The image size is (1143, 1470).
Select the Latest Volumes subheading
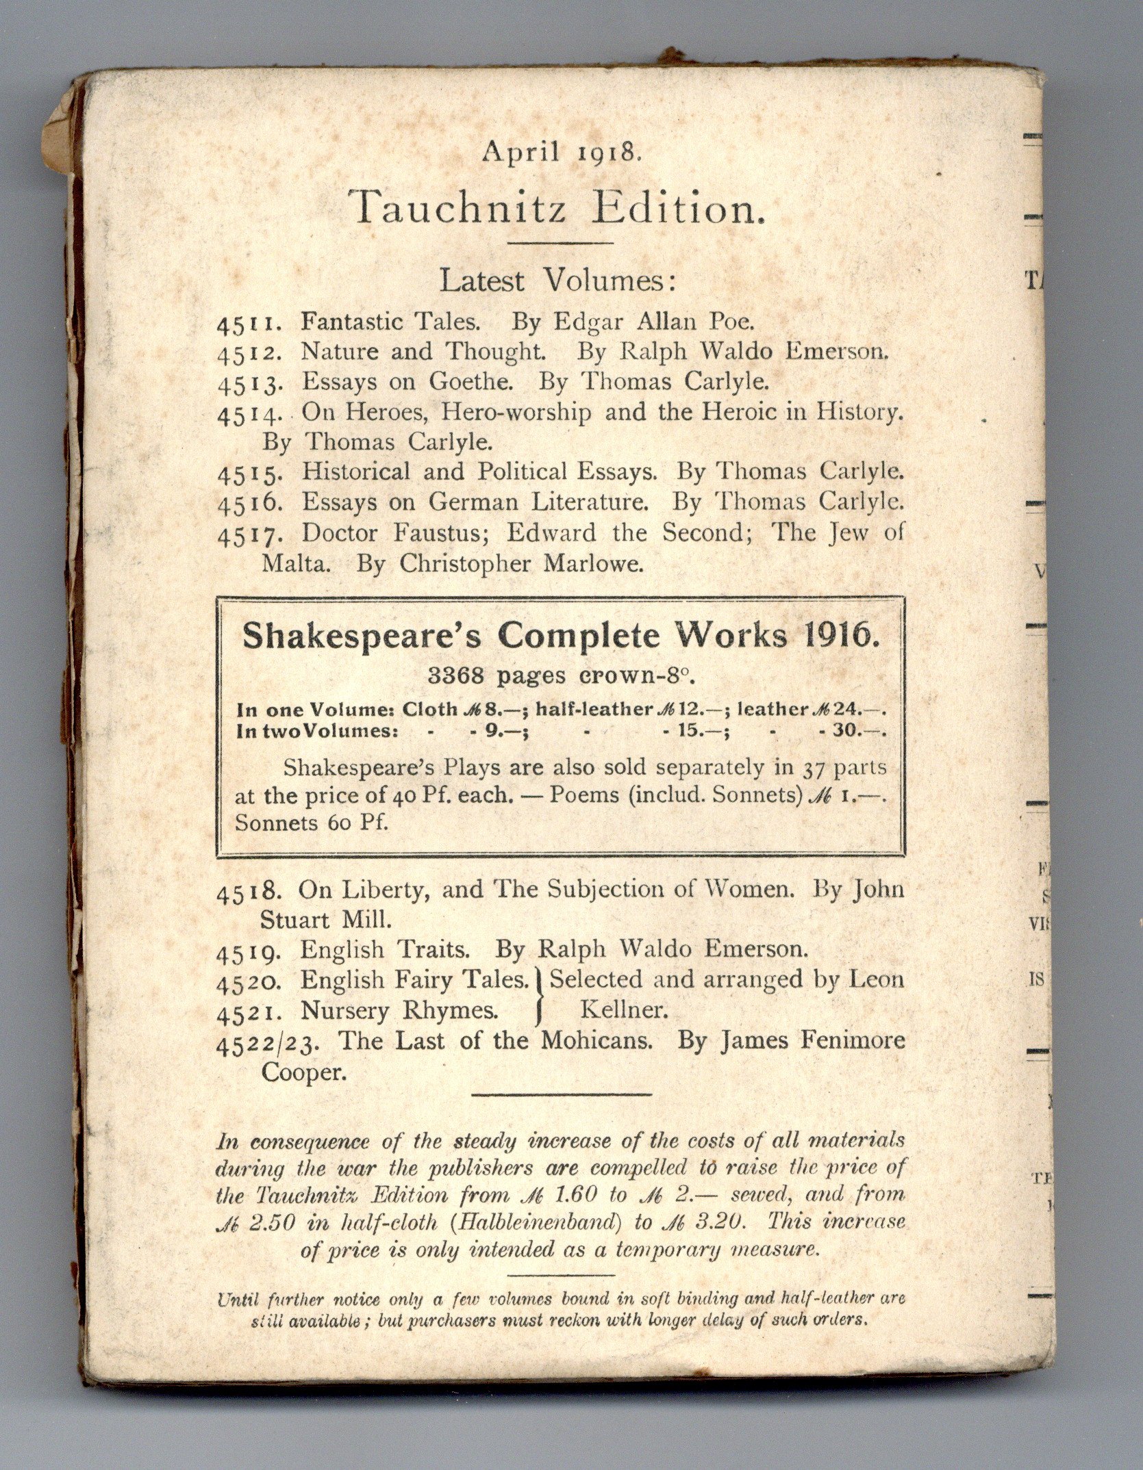click(x=557, y=281)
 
